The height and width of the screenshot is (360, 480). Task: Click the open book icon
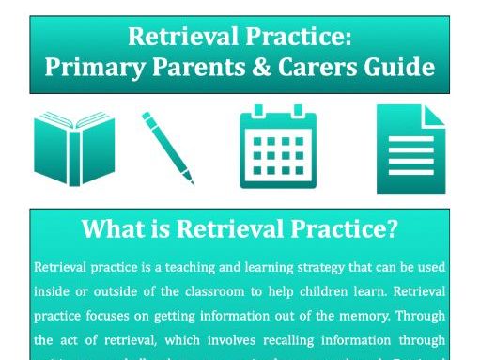72,149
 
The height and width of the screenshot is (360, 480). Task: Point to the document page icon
410,149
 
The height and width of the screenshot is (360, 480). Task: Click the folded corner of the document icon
434,116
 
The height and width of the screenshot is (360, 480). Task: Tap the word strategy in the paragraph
299,267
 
